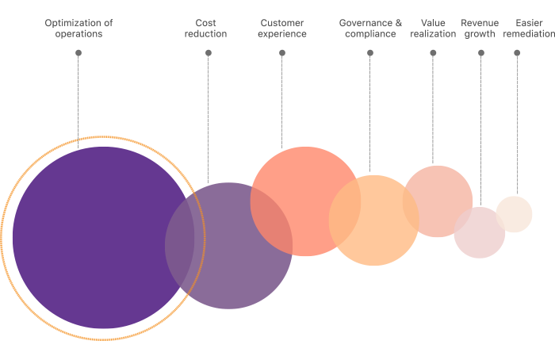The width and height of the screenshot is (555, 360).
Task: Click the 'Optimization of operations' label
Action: click(78, 29)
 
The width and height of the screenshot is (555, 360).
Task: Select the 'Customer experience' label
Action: click(282, 29)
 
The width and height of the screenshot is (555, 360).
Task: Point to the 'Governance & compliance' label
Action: click(370, 29)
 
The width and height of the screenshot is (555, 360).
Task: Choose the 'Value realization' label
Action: click(433, 29)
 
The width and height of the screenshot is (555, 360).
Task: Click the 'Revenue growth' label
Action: click(480, 29)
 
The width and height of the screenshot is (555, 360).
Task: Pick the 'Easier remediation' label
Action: click(528, 29)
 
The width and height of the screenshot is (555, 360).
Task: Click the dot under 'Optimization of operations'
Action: click(78, 52)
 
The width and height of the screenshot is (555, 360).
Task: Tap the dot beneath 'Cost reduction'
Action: click(209, 52)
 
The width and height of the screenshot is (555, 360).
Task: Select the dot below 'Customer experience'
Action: click(282, 52)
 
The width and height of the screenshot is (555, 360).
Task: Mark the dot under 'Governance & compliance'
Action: click(370, 52)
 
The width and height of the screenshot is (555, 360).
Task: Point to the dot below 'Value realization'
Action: click(433, 52)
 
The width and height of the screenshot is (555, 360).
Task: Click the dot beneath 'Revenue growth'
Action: click(480, 52)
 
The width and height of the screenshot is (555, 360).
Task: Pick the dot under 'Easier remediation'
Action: click(517, 52)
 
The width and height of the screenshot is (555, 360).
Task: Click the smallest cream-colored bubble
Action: click(515, 213)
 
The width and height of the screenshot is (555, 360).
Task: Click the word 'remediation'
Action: click(529, 34)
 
